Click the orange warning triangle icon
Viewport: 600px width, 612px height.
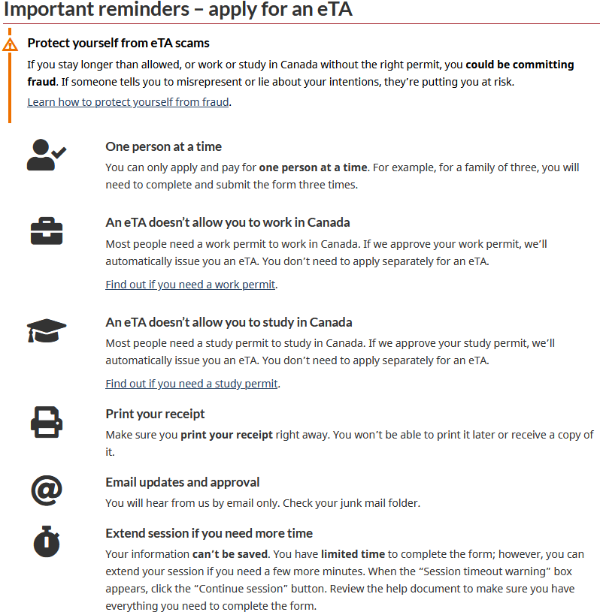click(x=10, y=44)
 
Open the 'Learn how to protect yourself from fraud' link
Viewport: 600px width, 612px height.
click(x=128, y=102)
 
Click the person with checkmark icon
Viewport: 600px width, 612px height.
click(x=47, y=155)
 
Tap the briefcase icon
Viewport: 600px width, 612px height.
click(x=47, y=232)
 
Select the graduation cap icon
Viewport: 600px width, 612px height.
click(x=47, y=330)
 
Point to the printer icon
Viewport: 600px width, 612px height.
click(x=47, y=421)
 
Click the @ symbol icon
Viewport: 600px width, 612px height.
click(x=47, y=490)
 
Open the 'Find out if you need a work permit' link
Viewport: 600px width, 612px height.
click(x=191, y=285)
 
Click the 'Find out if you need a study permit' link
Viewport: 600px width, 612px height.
click(x=192, y=384)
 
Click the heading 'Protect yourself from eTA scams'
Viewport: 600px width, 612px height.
click(x=118, y=44)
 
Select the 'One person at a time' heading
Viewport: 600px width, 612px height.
click(x=163, y=146)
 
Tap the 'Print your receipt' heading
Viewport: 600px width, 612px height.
click(x=155, y=414)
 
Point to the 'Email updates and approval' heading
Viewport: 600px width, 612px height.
click(x=183, y=482)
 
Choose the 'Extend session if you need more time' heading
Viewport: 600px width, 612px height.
click(x=209, y=533)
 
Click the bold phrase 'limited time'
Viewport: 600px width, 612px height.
click(x=353, y=554)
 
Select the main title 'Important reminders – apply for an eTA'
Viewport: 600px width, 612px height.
click(x=178, y=10)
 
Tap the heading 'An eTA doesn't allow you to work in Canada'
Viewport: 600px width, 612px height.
click(x=227, y=222)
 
